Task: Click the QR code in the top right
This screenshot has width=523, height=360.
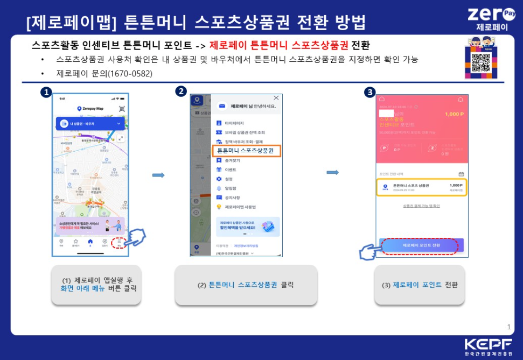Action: (x=479, y=63)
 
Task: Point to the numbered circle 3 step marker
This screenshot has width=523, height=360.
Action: (x=369, y=92)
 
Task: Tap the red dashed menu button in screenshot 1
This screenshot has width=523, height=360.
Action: (x=119, y=242)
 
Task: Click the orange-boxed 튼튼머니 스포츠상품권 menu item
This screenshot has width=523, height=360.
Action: (x=246, y=151)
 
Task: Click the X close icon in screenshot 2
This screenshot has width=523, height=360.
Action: (x=276, y=98)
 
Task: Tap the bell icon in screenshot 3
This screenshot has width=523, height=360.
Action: (x=460, y=100)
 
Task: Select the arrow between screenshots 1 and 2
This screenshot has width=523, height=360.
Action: (x=158, y=175)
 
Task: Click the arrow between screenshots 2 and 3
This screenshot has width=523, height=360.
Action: (x=333, y=172)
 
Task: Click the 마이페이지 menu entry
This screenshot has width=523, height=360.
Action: (x=234, y=123)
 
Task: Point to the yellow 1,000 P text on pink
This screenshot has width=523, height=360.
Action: (x=454, y=114)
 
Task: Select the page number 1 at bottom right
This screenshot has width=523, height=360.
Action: (x=509, y=327)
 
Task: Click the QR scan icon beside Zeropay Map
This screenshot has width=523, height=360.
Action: (x=121, y=108)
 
